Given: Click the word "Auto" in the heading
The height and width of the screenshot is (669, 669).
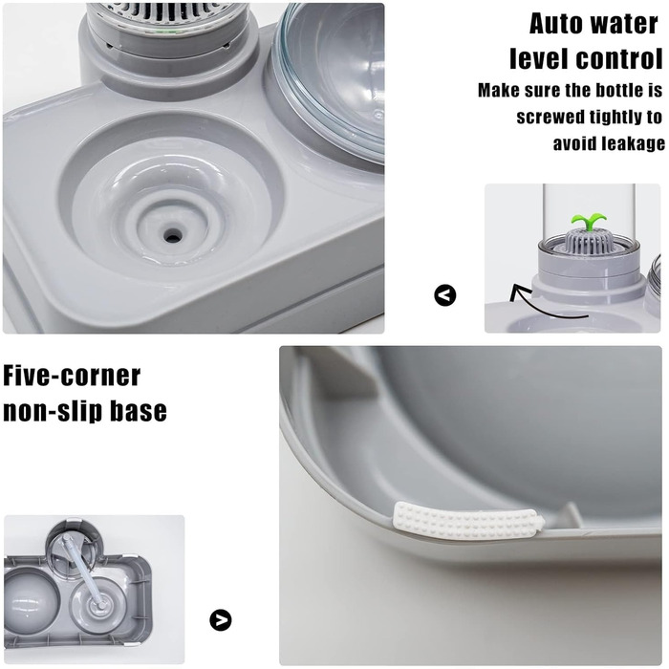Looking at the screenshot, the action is pos(557,24).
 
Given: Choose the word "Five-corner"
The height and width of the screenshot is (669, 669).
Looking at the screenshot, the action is pos(72,376).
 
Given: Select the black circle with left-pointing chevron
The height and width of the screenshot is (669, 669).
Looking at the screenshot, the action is pos(445,294).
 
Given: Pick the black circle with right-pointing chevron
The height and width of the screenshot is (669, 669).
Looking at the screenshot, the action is pos(221,620).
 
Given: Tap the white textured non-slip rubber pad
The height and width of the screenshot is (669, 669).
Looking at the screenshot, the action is pos(468,520).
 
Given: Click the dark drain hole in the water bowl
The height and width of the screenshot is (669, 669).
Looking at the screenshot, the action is pos(172,234).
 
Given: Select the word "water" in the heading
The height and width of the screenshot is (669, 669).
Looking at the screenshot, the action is pos(625,24).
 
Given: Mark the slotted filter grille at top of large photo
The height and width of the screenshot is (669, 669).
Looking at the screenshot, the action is pos(168,18).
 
